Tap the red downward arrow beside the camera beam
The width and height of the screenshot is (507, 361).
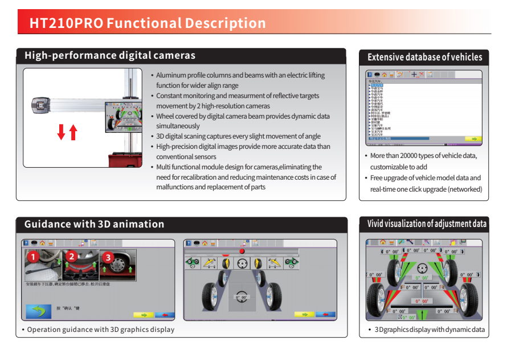coord(61,132)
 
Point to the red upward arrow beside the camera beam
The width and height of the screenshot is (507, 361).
coord(73,132)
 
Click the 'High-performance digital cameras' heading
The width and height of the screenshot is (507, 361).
coord(110,56)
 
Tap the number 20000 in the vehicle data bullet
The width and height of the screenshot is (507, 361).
coord(412,156)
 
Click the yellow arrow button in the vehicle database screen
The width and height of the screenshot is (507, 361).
coord(473,139)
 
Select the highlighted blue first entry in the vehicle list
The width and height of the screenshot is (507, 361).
coord(377,85)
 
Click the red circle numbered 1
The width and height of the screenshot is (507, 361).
coord(33,257)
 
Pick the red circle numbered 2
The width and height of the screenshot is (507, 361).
coord(71,257)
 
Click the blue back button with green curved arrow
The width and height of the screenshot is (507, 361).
coord(38,311)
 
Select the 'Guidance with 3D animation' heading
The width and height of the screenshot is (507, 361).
coord(94,224)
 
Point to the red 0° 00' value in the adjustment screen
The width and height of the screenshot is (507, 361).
coord(422,301)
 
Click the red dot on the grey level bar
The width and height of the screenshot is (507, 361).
coord(242,251)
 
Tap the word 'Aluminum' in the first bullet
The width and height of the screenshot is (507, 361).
coord(171,75)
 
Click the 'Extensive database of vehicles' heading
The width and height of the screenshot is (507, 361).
coord(424,57)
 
